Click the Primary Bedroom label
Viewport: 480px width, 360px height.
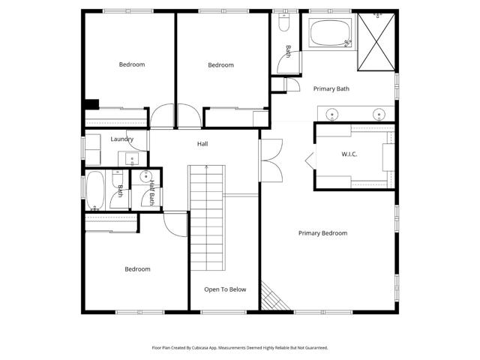coord(322,233)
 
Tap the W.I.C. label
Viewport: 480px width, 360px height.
coord(349,154)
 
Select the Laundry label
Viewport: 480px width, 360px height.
coord(121,139)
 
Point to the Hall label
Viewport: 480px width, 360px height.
coord(202,144)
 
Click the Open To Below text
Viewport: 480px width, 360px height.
coord(225,289)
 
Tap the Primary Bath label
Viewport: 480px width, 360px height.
coord(331,88)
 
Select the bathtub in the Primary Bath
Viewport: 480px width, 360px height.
coord(330,34)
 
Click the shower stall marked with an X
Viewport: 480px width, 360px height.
coord(374,42)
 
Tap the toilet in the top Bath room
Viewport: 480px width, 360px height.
coord(283,25)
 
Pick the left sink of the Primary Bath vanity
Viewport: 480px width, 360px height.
coord(332,115)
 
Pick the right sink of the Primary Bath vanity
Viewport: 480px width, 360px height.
coord(379,115)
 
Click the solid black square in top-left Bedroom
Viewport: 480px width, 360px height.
coord(91,105)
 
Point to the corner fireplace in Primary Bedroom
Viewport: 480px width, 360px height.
coord(271,297)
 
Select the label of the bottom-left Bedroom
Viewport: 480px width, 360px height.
coord(137,269)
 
